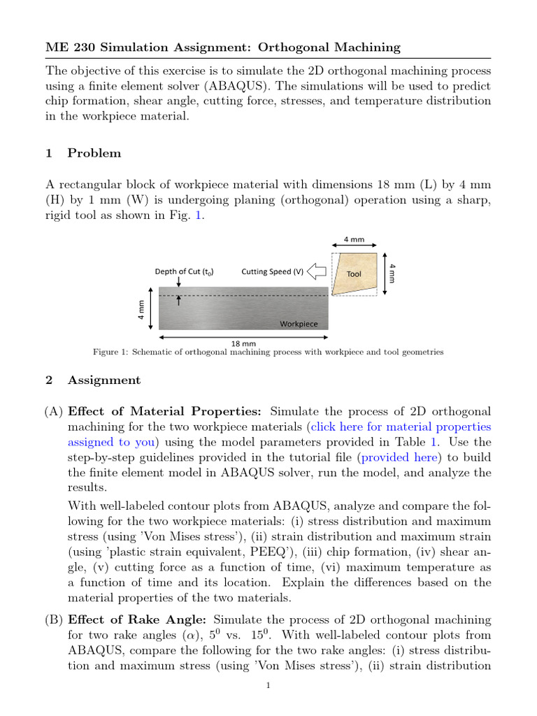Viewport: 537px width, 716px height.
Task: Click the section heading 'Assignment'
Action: [104, 380]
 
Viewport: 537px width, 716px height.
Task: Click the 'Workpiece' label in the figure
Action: [299, 324]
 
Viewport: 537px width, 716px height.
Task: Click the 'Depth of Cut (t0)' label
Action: [184, 271]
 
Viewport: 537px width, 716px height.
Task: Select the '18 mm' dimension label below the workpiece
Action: [243, 343]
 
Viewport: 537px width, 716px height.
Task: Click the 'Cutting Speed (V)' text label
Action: [273, 271]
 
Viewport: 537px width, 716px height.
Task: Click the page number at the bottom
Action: [268, 686]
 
